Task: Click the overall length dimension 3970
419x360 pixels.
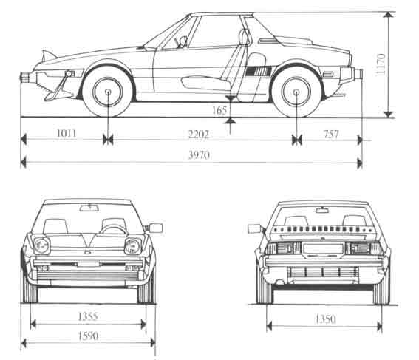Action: coord(199,155)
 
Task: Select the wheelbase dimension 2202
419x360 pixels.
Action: coord(198,135)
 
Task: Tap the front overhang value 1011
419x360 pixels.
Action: coord(67,133)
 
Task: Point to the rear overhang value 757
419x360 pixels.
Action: coord(331,134)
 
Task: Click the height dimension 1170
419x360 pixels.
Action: coord(381,64)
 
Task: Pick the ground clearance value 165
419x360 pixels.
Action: coord(219,110)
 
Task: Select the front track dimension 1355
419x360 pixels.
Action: coord(88,316)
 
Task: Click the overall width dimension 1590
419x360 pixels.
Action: coord(88,336)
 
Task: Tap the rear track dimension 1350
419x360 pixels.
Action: coord(325,319)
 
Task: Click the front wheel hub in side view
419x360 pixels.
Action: coord(108,92)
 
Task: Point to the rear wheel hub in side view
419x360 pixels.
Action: coord(296,92)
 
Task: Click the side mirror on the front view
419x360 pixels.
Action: coord(155,228)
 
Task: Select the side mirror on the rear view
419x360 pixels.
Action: coord(254,228)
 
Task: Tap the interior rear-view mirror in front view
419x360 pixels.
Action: coord(89,208)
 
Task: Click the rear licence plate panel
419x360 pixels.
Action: coord(324,249)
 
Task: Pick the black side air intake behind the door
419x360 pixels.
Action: coord(259,70)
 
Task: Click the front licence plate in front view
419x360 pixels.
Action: coord(88,265)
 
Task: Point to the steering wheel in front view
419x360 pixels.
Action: coord(114,229)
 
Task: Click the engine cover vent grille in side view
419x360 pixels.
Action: coord(268,41)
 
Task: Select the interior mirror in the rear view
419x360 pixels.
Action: coord(322,211)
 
